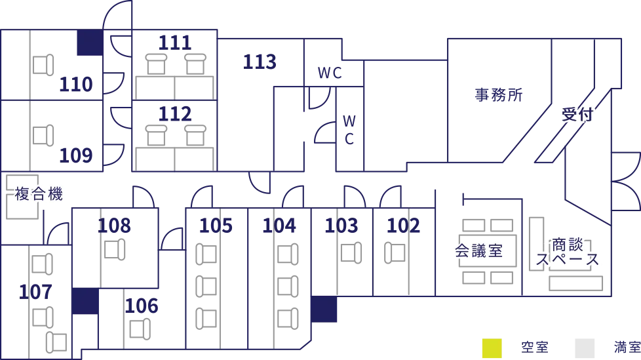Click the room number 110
click(76, 85)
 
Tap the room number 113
click(260, 62)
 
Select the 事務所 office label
click(499, 95)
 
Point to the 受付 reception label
click(577, 114)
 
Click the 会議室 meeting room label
click(478, 250)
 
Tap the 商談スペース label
click(567, 252)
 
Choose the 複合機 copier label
click(39, 193)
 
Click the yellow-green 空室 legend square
click(492, 348)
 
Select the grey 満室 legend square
click(585, 348)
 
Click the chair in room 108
click(115, 250)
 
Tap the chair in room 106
click(140, 329)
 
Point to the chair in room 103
click(351, 253)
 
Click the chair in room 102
click(395, 253)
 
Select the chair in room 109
click(43, 135)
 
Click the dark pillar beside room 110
click(90, 43)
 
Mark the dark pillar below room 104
click(324, 310)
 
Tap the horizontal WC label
click(330, 73)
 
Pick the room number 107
click(35, 292)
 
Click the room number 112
click(175, 113)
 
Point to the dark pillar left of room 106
click(85, 301)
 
